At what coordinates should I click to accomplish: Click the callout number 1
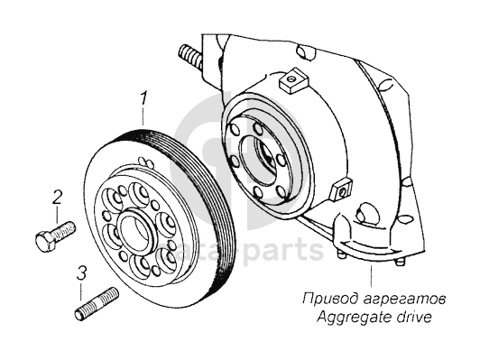(143, 98)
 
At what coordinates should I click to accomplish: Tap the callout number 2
(57, 197)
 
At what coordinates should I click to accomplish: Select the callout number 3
(81, 273)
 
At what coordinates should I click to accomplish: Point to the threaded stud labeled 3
(97, 303)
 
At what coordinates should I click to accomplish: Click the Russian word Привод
(328, 299)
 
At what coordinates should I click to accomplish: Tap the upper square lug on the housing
(293, 80)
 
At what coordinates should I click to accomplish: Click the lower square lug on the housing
(341, 189)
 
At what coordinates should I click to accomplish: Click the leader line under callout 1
(143, 116)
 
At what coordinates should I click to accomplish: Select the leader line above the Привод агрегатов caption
(372, 276)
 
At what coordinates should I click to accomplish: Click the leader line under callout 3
(81, 291)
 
